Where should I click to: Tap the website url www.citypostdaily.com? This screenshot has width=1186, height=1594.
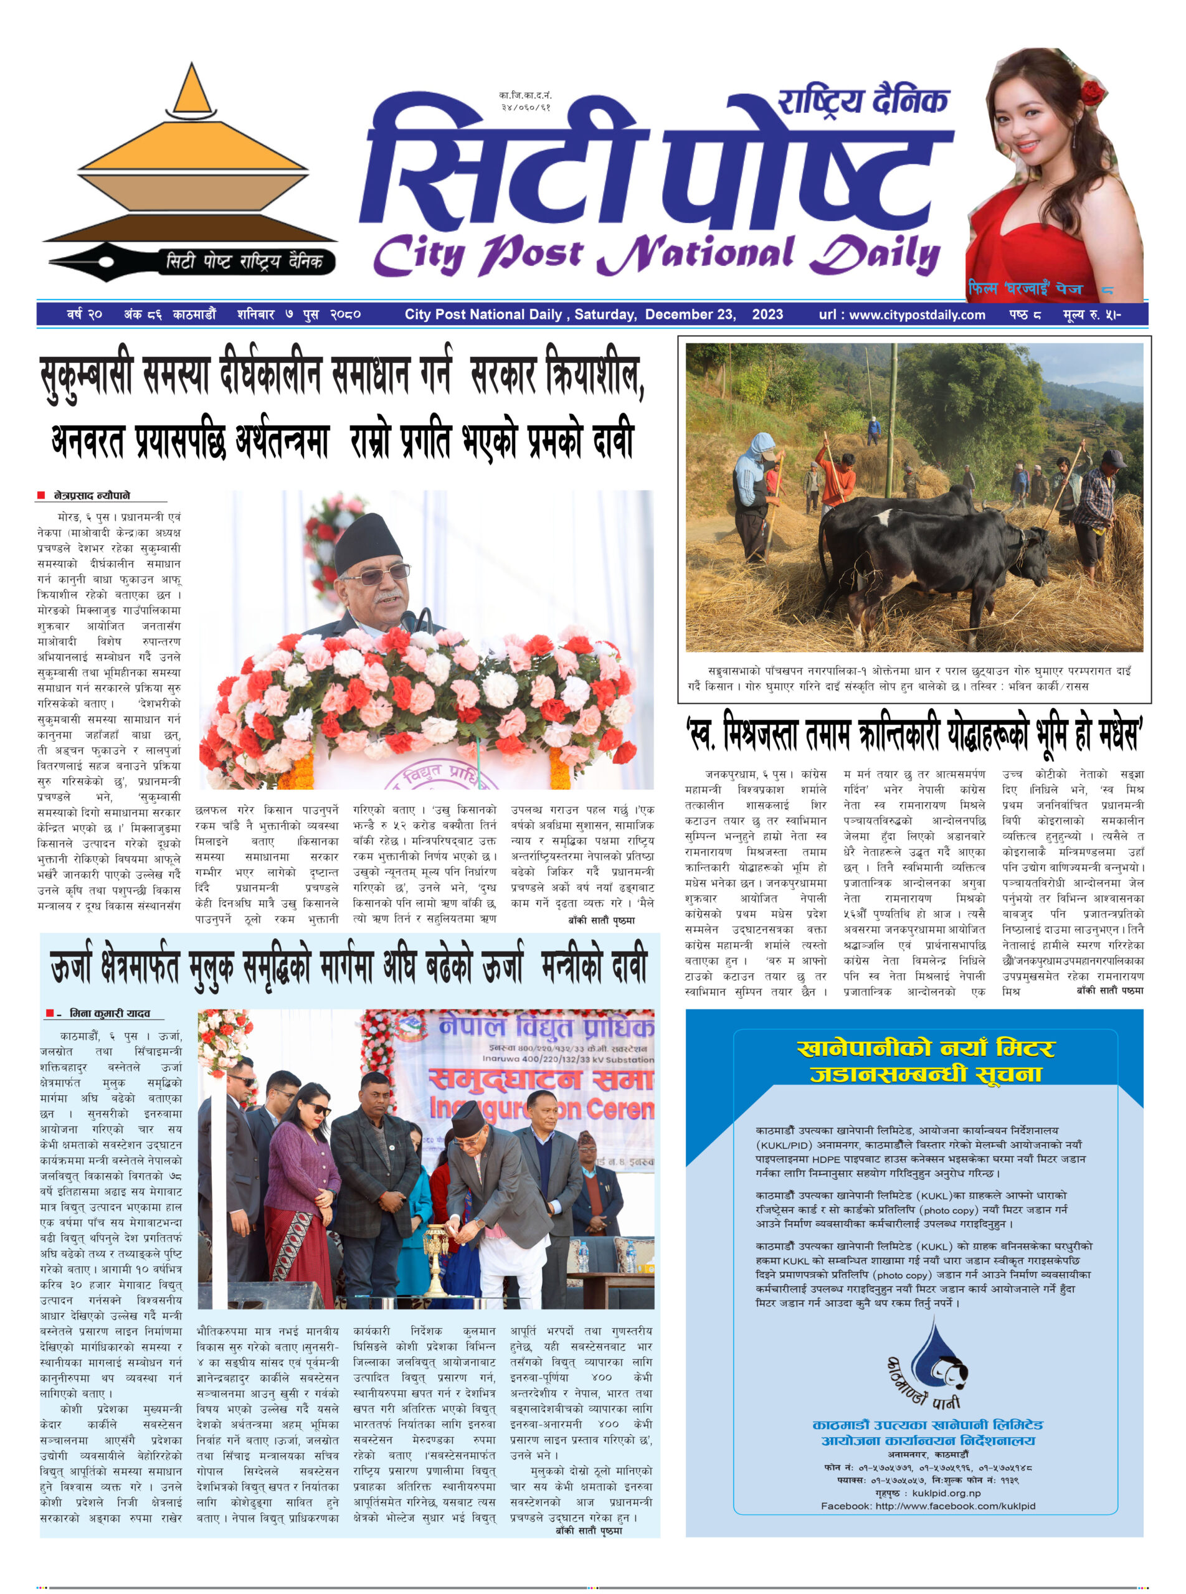pos(917,314)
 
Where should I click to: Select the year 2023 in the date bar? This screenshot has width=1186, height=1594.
pos(767,314)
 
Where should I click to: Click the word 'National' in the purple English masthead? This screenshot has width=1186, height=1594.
pos(696,255)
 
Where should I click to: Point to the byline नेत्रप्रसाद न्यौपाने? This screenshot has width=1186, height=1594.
pos(92,495)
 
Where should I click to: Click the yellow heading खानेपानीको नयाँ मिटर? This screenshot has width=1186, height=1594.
pos(924,1049)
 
